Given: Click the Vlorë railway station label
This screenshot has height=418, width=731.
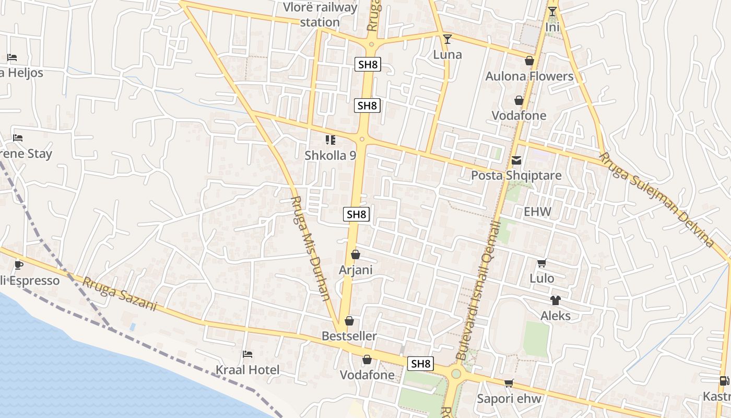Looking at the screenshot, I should point(320,15).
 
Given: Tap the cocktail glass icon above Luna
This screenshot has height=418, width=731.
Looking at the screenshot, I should point(447,39).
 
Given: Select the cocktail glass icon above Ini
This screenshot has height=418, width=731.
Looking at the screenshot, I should point(552,11).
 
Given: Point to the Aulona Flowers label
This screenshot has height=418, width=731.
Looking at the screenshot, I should point(529,76).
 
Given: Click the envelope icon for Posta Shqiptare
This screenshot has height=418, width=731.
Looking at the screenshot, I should point(516,160).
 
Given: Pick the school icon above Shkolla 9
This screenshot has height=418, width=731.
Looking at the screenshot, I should point(331,140).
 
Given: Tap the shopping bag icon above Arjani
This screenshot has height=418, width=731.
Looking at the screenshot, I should point(356,254).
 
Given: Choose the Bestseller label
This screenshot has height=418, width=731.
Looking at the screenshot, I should point(349,336).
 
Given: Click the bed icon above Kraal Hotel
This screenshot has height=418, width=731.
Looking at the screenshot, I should point(247,354).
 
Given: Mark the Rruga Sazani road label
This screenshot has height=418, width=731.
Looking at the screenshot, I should point(120,294).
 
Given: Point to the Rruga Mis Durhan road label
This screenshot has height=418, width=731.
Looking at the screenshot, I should point(310,248).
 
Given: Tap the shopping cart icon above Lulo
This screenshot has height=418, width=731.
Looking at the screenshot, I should point(541,263).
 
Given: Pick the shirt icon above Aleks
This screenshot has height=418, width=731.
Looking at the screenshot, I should point(555,300).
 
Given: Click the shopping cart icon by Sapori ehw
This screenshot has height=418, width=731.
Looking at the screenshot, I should point(509,383).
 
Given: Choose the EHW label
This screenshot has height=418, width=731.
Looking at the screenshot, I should point(537,212).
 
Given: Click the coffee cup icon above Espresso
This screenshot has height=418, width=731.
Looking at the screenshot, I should point(19,265).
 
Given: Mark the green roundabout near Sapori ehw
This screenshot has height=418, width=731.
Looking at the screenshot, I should point(456,374).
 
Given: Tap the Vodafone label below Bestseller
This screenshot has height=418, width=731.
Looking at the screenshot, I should point(367,375).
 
